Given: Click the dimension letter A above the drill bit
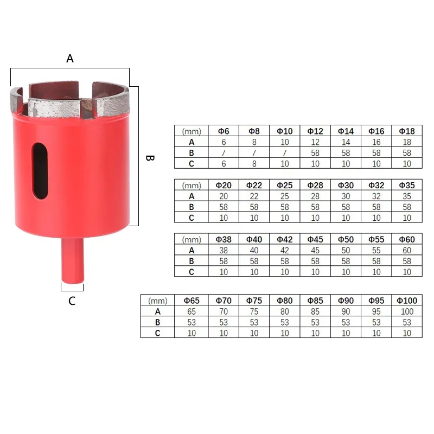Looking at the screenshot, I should click(70, 58).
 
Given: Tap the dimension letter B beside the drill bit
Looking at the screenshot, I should click(150, 158).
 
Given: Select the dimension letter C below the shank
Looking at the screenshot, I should click(72, 301).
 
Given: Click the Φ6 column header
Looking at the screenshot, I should click(224, 131).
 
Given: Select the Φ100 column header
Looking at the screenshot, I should click(406, 301).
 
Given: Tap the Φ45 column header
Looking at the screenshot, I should click(315, 239).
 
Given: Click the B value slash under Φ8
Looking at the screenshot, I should click(254, 152).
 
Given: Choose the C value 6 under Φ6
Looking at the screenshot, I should click(224, 163).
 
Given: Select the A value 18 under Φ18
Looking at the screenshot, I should click(407, 142).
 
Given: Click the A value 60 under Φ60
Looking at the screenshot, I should click(407, 250).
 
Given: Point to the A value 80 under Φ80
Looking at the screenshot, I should click(284, 311).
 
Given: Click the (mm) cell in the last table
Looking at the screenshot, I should click(157, 301).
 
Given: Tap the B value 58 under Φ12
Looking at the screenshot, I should click(315, 152).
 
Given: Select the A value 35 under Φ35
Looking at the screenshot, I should click(407, 196).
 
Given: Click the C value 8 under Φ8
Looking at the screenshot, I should click(254, 163).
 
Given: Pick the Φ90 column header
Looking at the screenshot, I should click(346, 301).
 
